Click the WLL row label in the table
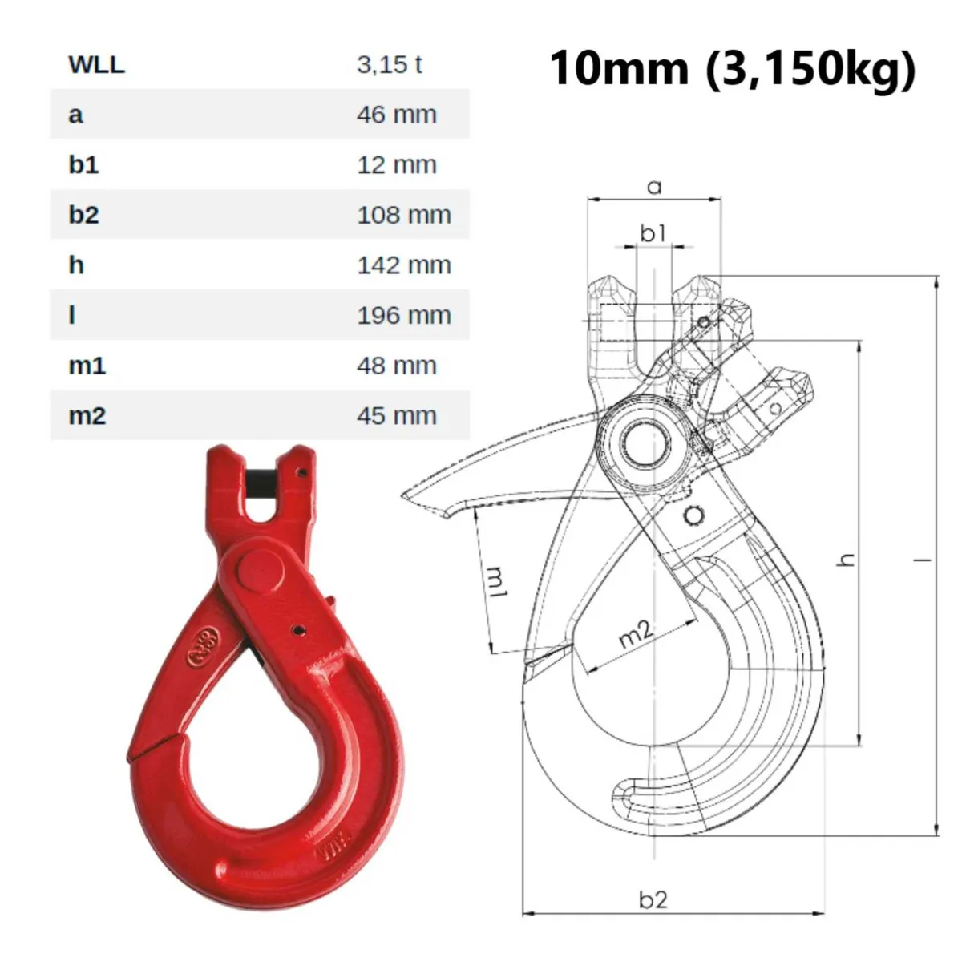(x=96, y=64)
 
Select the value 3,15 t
(x=389, y=64)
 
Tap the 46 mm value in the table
(x=396, y=115)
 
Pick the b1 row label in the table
(x=83, y=165)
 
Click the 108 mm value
(x=403, y=215)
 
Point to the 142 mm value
(x=403, y=265)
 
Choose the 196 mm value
(x=403, y=316)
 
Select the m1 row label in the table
(x=87, y=366)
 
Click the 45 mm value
(x=396, y=416)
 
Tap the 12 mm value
(x=396, y=165)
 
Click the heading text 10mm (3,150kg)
(x=731, y=67)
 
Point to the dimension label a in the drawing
(x=655, y=188)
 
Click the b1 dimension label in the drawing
(x=653, y=232)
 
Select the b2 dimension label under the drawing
(x=653, y=899)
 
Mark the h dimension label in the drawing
(x=847, y=560)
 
